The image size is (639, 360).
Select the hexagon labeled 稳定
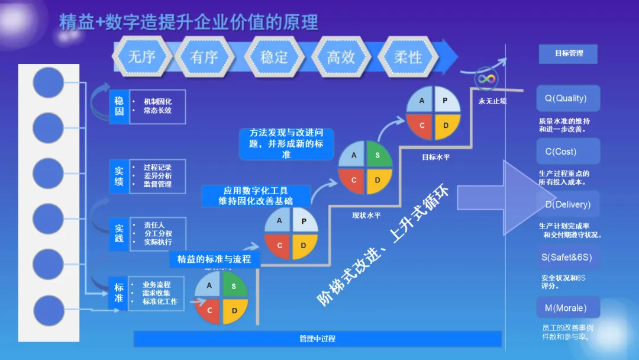tap(273, 57)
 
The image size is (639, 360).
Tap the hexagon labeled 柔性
tap(408, 57)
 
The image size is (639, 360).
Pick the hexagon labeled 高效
tap(341, 57)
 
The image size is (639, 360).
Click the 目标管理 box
tap(568, 53)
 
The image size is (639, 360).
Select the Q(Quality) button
tap(568, 98)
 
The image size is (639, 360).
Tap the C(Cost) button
tap(568, 152)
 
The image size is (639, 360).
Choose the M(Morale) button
tap(568, 308)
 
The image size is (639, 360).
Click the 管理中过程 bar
tap(317, 339)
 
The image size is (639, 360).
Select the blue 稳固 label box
tap(119, 107)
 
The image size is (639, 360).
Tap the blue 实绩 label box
tap(119, 176)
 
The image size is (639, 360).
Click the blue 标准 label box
tap(119, 293)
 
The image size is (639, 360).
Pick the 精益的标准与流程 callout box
tap(214, 259)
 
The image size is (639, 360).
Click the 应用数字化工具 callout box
tap(256, 196)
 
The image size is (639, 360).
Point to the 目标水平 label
tap(434, 157)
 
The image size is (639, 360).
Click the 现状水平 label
tap(366, 216)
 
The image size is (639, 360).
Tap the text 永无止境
tap(492, 101)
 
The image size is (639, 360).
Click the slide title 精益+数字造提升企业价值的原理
tap(189, 22)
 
